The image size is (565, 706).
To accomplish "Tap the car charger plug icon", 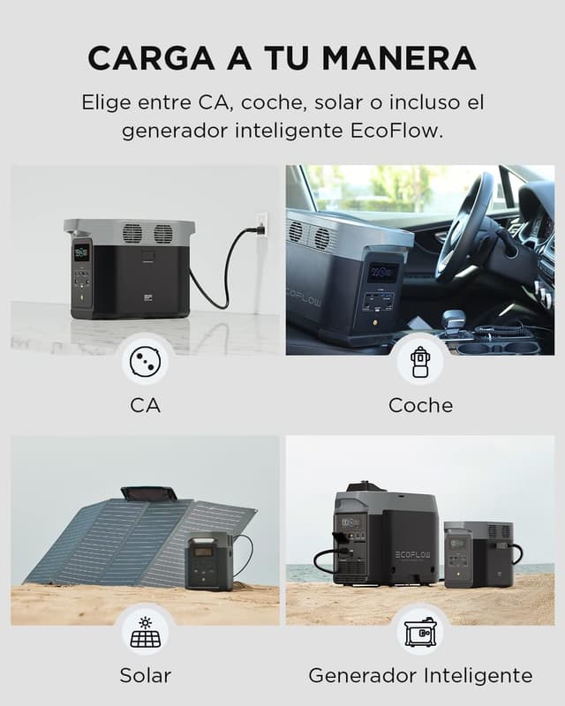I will click(x=420, y=361).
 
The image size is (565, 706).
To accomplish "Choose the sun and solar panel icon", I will click(x=145, y=632).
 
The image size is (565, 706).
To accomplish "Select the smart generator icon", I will click(x=420, y=632).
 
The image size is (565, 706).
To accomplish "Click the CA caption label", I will click(x=145, y=405).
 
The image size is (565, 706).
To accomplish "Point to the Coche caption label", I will click(x=420, y=405).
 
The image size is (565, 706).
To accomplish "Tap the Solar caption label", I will click(x=145, y=676).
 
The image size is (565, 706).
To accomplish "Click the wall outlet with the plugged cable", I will click(x=260, y=225).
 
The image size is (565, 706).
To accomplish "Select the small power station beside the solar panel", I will click(x=208, y=561).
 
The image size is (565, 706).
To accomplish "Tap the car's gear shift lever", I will click(x=454, y=319).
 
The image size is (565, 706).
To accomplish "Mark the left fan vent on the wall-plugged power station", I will click(x=132, y=234).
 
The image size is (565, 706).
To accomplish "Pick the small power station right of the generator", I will click(x=477, y=553).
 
